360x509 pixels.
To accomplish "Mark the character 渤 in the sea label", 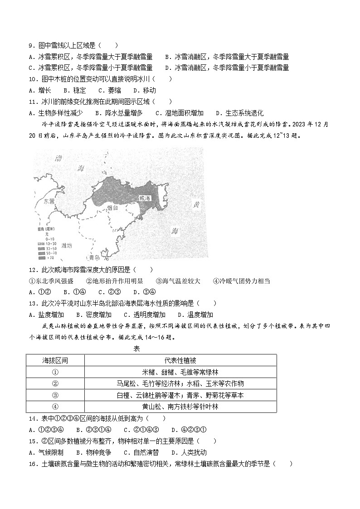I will tap(58, 159).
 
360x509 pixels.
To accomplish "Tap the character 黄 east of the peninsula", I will tap(196, 204).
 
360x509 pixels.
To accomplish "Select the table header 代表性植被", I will tap(180, 360).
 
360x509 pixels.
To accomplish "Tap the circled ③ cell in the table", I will tap(55, 395).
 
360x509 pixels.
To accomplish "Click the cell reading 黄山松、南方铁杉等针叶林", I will tap(180, 407).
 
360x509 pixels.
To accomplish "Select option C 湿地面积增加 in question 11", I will tap(180, 113).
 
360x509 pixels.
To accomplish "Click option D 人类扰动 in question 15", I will tap(189, 452).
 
